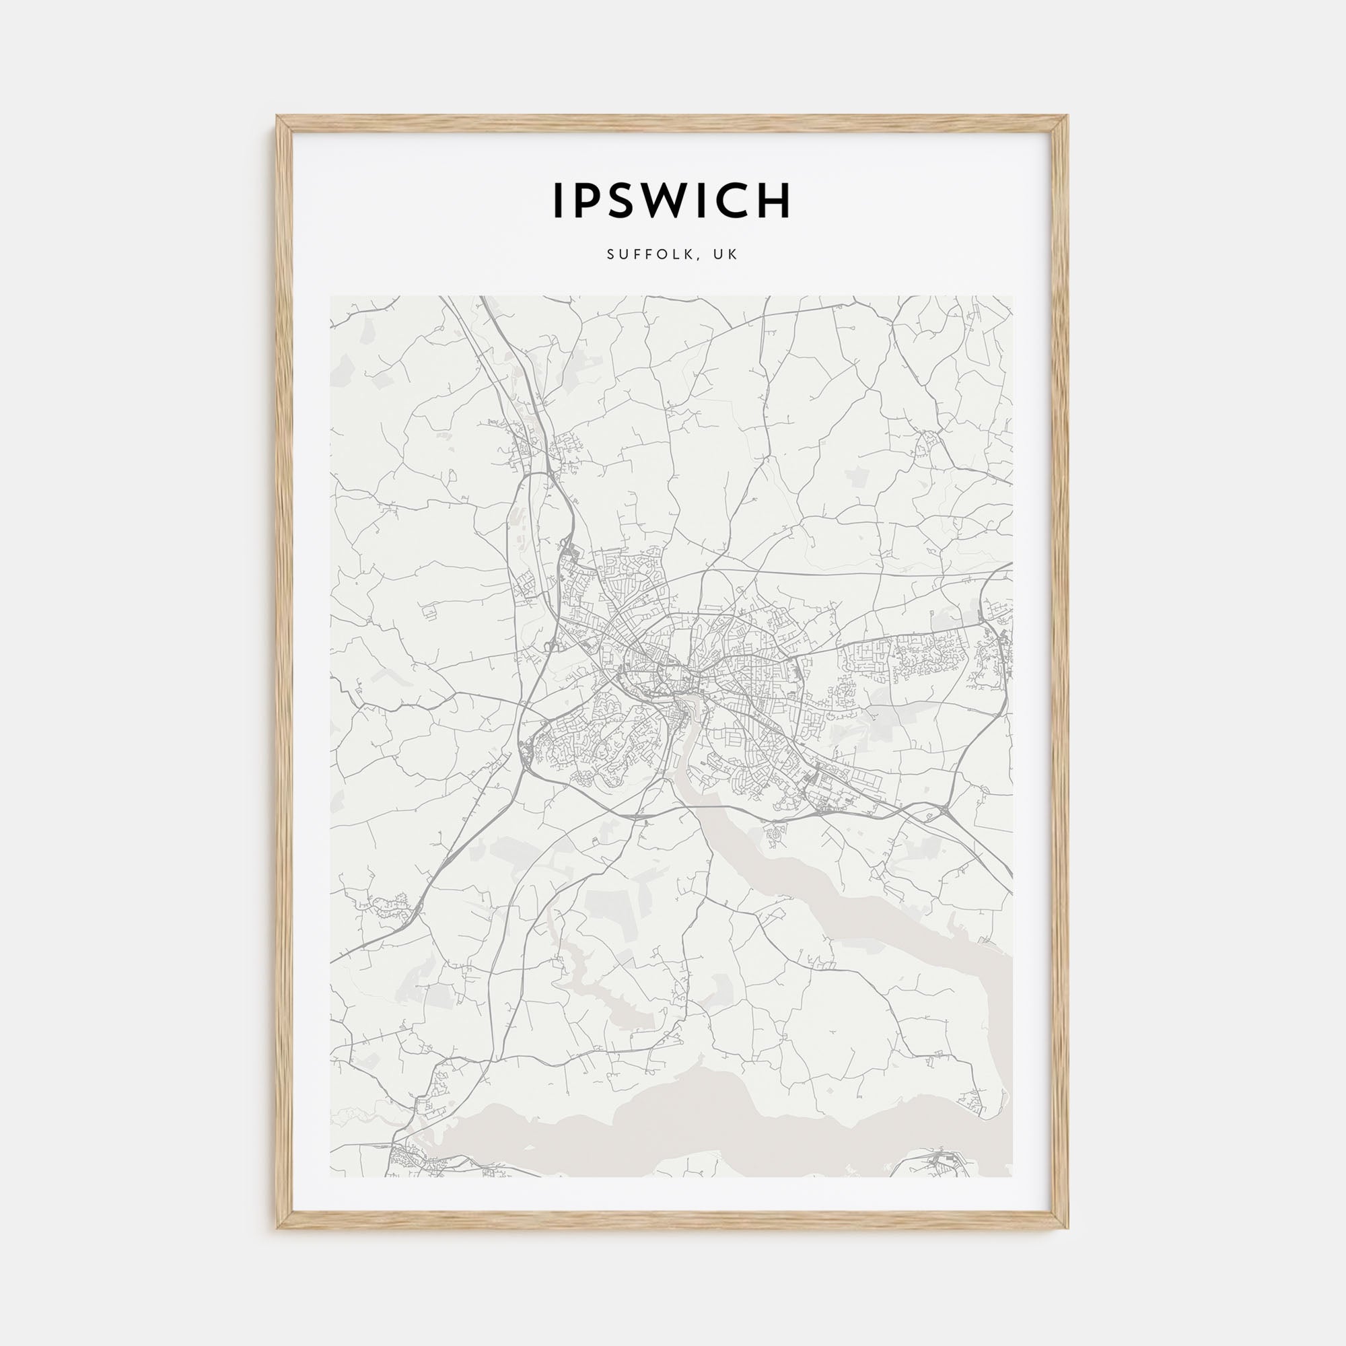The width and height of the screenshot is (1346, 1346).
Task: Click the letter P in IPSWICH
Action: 583,201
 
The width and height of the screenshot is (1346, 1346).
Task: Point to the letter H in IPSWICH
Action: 773,201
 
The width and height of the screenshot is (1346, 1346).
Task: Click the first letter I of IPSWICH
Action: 558,201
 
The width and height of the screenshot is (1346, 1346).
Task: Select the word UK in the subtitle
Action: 728,255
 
